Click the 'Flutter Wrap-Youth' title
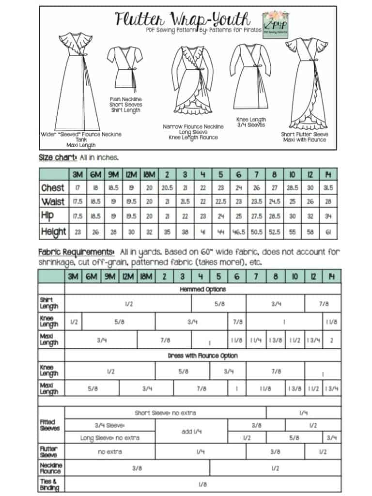[183, 19]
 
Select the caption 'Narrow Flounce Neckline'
[193, 126]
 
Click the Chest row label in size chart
[53, 187]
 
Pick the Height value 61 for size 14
[329, 232]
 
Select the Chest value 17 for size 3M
[77, 187]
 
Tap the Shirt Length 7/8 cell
[323, 304]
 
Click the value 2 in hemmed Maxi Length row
[331, 340]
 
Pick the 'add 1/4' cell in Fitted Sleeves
[191, 431]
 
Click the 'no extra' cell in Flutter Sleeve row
[110, 452]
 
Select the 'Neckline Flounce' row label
[50, 468]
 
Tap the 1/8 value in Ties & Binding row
[202, 484]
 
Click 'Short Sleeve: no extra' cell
[165, 413]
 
